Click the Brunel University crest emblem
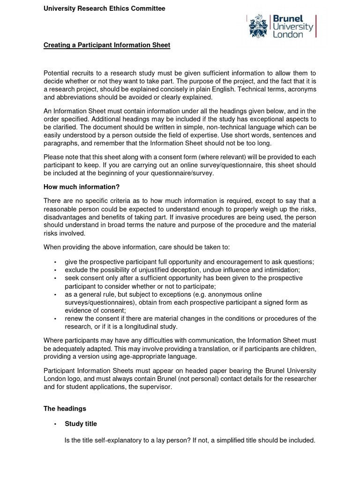click(259, 26)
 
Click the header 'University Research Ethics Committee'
click(104, 8)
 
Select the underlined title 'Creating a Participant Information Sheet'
click(107, 45)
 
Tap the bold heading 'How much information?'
click(82, 187)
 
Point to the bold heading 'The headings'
click(65, 408)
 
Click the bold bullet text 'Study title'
click(81, 424)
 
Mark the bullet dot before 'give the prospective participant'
click(55, 262)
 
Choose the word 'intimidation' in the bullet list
click(280, 270)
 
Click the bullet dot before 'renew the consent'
click(55, 319)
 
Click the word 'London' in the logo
click(288, 35)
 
